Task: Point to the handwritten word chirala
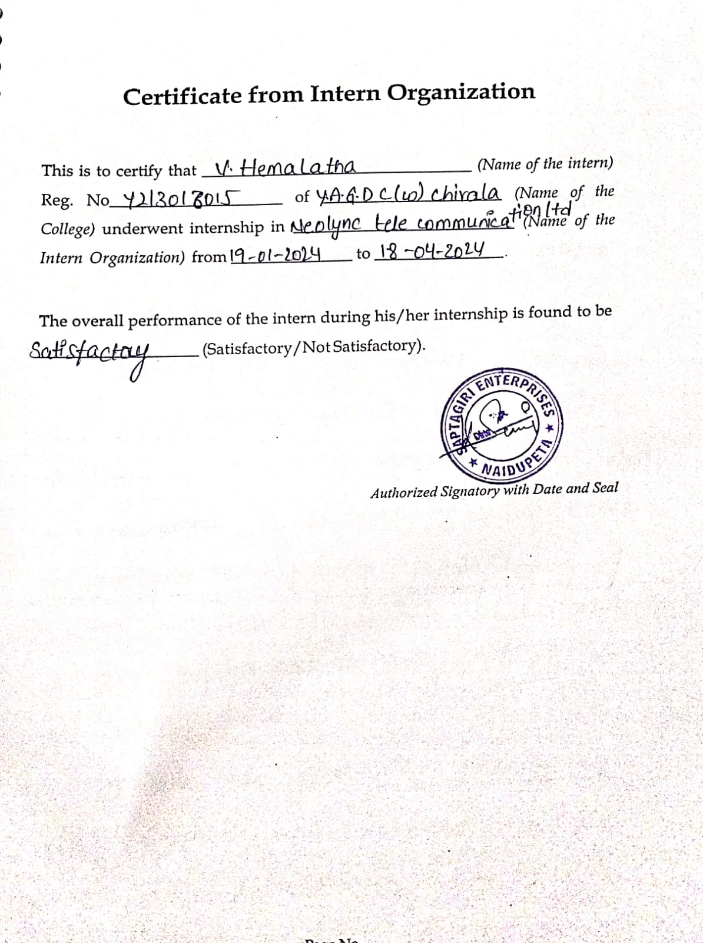pos(465,193)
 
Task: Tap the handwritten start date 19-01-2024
pos(276,255)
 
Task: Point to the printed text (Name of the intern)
pos(545,163)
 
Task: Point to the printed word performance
pos(175,319)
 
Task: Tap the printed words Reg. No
pos(75,200)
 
